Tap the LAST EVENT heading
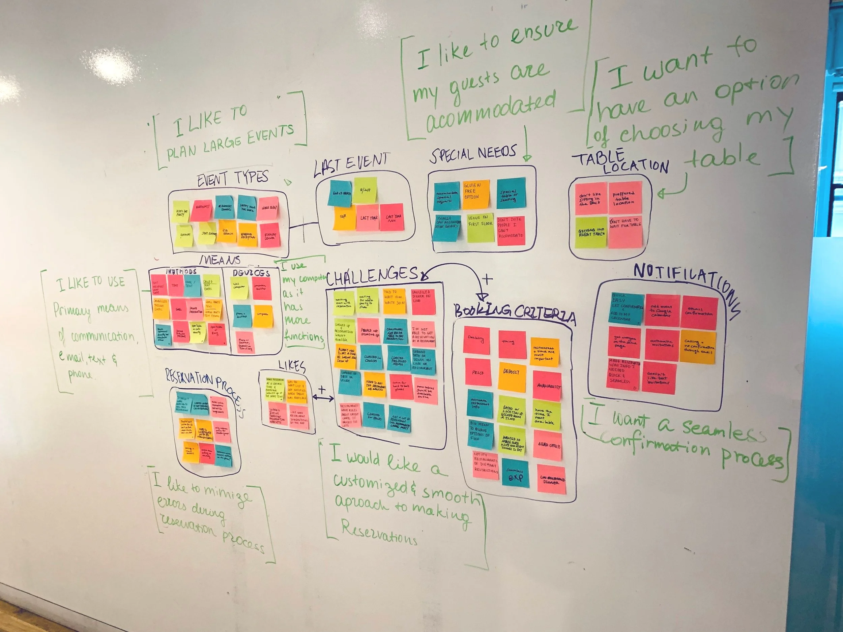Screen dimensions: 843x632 [x=351, y=164]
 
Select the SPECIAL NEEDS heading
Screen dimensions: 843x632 [x=473, y=153]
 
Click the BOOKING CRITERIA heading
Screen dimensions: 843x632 [x=515, y=312]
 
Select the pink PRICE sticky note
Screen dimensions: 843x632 [x=478, y=372]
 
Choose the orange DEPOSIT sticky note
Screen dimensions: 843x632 [x=511, y=377]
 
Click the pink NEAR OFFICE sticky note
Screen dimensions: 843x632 [x=548, y=445]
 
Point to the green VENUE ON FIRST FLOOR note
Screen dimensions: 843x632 [x=480, y=228]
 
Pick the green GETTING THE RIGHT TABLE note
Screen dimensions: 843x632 [x=591, y=232]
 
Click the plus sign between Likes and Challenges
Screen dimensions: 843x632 [x=322, y=389]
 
